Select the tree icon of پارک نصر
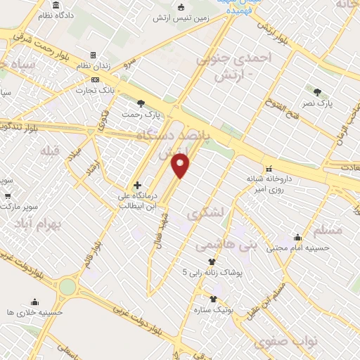(317, 91)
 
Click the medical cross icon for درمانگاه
(138, 184)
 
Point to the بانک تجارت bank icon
(96, 79)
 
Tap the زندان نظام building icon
(92, 55)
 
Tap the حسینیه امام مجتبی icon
(297, 237)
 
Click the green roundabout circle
(67, 287)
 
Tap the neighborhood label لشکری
(210, 212)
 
